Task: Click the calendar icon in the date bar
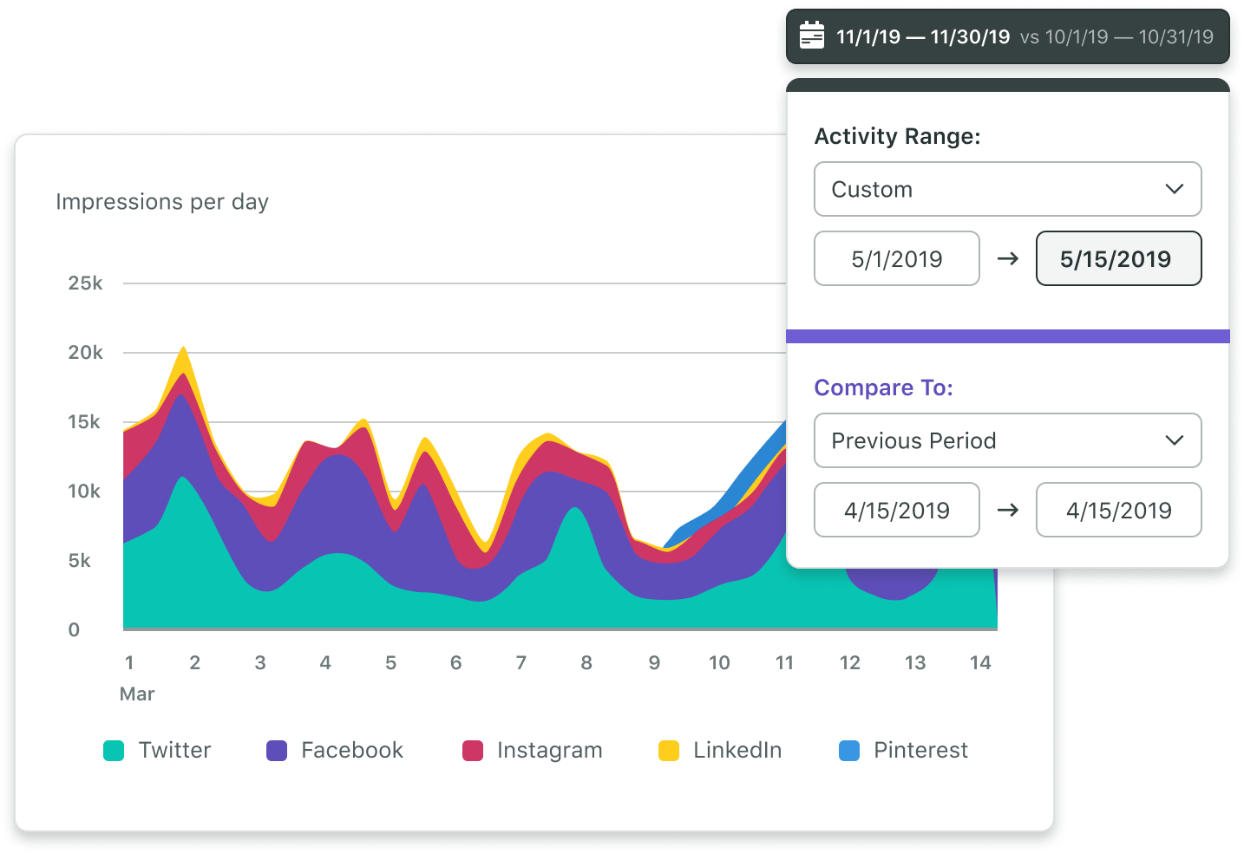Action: point(811,36)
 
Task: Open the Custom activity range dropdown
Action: point(1007,189)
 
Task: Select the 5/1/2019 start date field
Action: point(896,258)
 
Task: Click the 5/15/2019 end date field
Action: point(1117,258)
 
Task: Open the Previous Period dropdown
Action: point(1007,440)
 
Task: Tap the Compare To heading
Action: point(883,387)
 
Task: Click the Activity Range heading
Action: point(897,136)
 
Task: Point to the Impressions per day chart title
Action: point(162,202)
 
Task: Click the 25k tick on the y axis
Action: point(85,283)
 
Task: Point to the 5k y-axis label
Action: point(79,561)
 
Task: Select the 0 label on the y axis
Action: point(74,630)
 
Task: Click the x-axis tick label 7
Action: point(521,663)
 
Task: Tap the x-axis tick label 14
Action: point(979,663)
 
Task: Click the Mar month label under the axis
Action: point(137,694)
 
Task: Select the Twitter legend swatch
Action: point(114,751)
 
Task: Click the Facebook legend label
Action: point(351,751)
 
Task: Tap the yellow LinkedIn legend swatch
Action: point(669,751)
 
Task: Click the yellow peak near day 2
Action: point(183,352)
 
